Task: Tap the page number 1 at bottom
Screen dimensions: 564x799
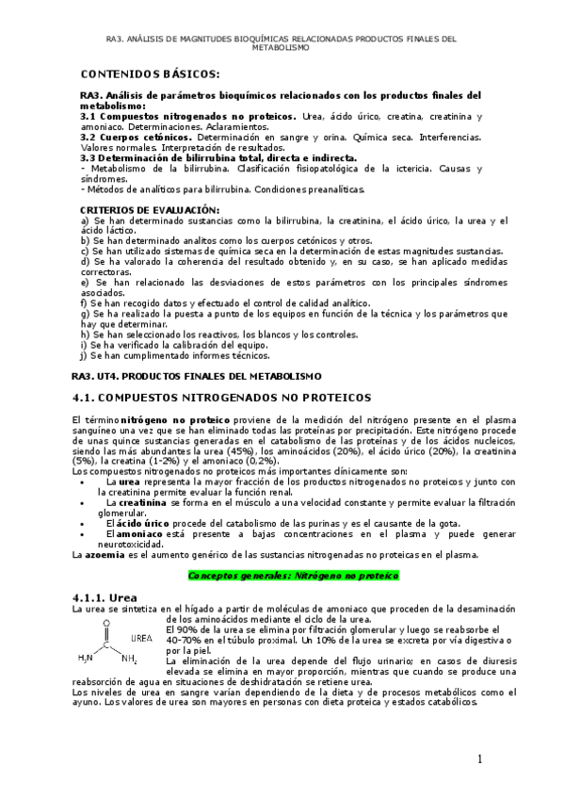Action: point(479,759)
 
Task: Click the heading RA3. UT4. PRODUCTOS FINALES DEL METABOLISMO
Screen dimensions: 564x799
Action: point(201,375)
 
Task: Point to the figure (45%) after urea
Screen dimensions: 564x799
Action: point(291,449)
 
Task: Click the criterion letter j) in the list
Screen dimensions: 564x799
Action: point(84,355)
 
